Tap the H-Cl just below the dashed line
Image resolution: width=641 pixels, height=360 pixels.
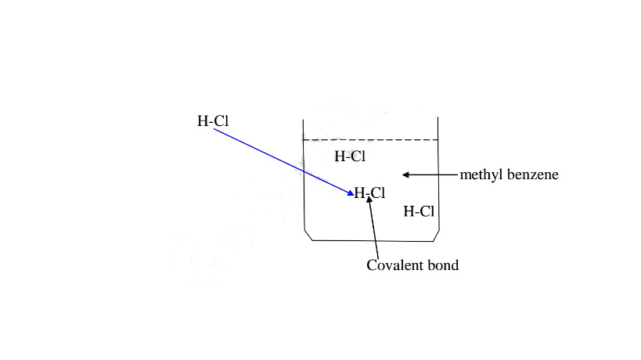pyautogui.click(x=350, y=156)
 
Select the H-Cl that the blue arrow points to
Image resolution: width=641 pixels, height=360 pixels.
pyautogui.click(x=369, y=193)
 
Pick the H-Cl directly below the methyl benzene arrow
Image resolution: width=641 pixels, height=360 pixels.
pyautogui.click(x=419, y=210)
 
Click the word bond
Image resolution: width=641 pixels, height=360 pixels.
pyautogui.click(x=442, y=265)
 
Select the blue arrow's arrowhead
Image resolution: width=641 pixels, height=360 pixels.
pyautogui.click(x=351, y=193)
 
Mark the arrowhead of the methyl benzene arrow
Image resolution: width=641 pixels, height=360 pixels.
pyautogui.click(x=406, y=174)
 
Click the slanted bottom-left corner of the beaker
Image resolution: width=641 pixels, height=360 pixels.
pyautogui.click(x=308, y=236)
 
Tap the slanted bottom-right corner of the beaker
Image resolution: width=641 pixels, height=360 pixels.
pyautogui.click(x=434, y=236)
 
